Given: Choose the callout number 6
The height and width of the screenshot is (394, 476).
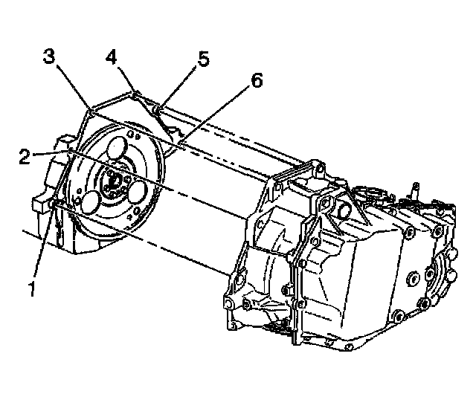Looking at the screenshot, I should click(255, 81).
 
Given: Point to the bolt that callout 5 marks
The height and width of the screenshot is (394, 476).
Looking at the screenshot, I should click(157, 111).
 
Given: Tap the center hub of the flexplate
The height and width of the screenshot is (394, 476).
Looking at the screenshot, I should click(113, 181).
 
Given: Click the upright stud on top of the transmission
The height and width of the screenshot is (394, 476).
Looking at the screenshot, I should click(415, 190).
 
